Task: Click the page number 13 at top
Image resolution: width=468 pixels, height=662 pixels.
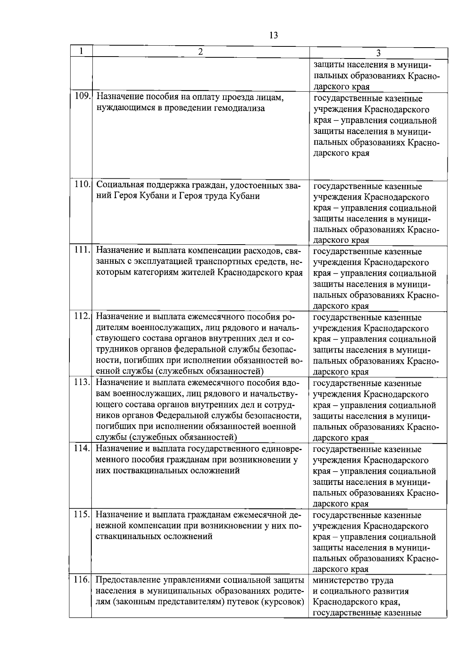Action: click(x=273, y=35)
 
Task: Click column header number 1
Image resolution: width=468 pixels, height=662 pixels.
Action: click(x=81, y=51)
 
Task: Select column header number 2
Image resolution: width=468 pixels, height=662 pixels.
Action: click(x=200, y=51)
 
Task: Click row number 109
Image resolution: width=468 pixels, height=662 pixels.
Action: click(x=82, y=97)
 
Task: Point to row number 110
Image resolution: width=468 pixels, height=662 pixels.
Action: click(x=82, y=185)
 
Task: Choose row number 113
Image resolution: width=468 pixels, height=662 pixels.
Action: click(x=82, y=382)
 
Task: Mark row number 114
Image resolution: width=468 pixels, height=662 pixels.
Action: click(x=82, y=448)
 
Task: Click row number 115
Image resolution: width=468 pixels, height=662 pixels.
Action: click(x=82, y=514)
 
